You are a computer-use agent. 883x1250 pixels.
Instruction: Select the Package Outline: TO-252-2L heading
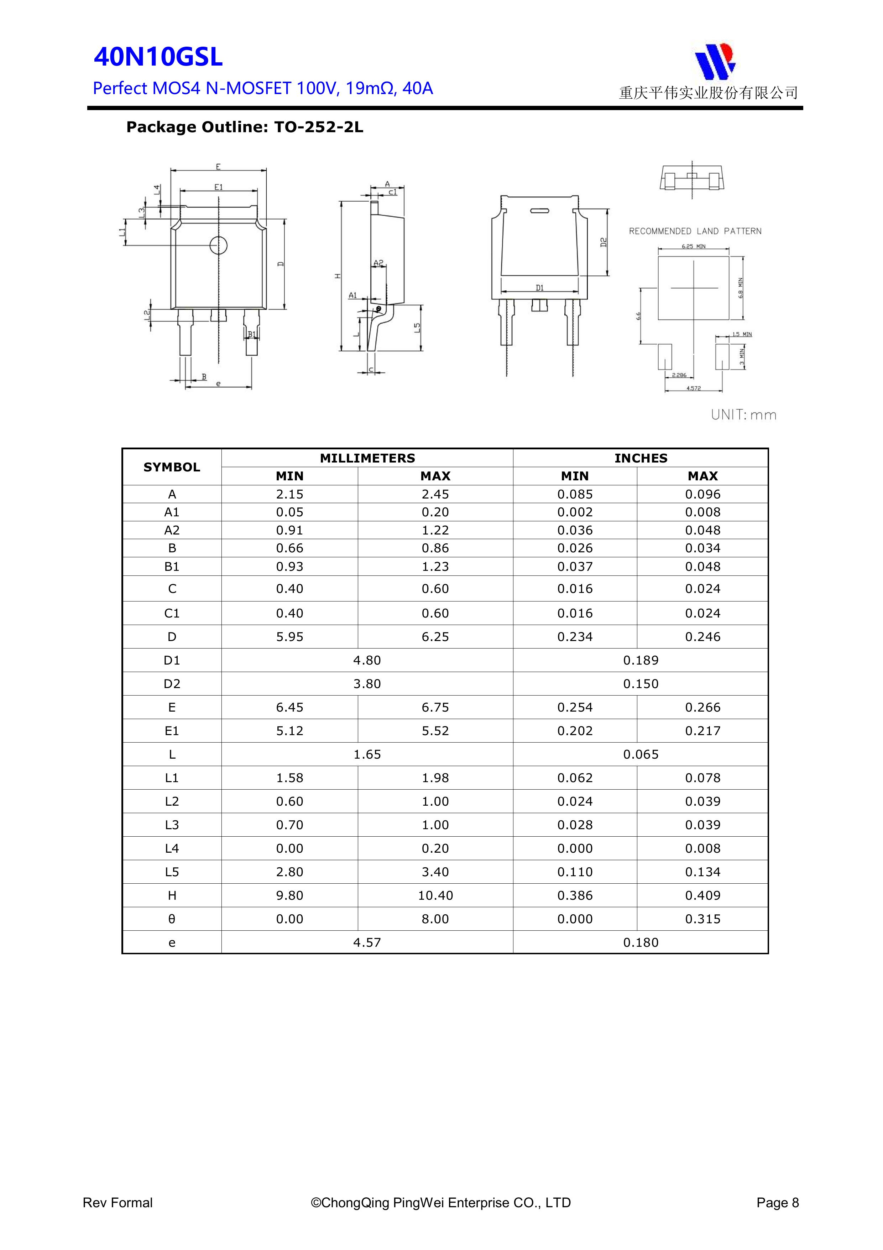244,128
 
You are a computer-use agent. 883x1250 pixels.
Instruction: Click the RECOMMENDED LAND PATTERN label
695,231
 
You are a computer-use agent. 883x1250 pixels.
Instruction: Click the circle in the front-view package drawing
218,246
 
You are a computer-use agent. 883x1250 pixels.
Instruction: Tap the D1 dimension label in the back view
539,288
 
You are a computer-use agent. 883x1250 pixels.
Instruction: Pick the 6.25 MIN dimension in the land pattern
693,247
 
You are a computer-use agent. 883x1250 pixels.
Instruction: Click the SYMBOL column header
172,467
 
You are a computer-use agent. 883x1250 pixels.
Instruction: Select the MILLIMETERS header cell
367,458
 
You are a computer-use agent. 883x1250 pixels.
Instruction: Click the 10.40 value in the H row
435,895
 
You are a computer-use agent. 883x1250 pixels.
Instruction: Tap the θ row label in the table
172,919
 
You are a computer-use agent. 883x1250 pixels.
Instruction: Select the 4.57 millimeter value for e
367,942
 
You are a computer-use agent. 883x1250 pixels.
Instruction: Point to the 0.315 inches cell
702,919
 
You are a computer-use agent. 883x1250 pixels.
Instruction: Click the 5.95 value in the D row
289,637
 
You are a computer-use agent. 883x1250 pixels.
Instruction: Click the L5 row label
172,872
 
